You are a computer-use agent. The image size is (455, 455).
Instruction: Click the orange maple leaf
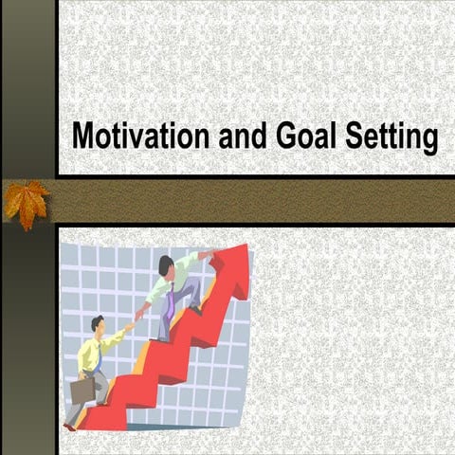(27, 202)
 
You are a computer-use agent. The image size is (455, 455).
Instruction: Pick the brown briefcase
(82, 390)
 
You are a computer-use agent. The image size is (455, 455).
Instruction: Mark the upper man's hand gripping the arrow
(208, 254)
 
